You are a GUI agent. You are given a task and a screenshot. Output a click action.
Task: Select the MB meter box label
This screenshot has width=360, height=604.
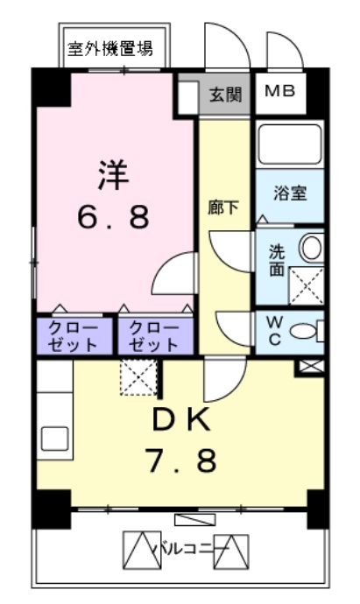tap(280, 91)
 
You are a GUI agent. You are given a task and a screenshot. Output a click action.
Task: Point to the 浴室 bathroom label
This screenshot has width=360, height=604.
tap(289, 194)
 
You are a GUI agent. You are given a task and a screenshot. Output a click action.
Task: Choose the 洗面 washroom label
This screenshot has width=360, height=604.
tap(276, 260)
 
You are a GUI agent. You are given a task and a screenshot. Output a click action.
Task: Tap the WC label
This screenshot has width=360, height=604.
tap(273, 331)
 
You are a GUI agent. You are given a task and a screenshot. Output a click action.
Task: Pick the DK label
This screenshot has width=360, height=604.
tap(181, 421)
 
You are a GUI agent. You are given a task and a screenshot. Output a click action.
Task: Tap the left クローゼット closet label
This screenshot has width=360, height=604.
tap(74, 335)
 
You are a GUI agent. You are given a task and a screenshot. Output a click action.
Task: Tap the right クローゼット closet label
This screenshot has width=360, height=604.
tap(155, 335)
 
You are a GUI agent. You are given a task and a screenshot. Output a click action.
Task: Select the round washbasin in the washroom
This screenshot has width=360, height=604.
tap(311, 249)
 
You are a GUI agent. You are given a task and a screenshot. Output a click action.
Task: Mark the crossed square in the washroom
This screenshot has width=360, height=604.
tap(307, 284)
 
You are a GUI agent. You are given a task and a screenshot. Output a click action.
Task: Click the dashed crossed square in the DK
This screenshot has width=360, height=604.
tap(138, 378)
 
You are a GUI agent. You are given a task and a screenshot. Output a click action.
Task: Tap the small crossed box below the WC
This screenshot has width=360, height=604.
tap(310, 367)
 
